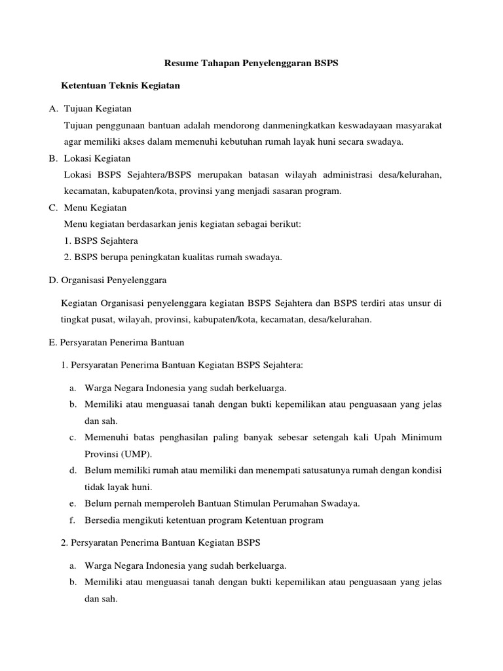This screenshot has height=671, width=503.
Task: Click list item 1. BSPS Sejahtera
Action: pos(101,240)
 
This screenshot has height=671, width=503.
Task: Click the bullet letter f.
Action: pos(71,520)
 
